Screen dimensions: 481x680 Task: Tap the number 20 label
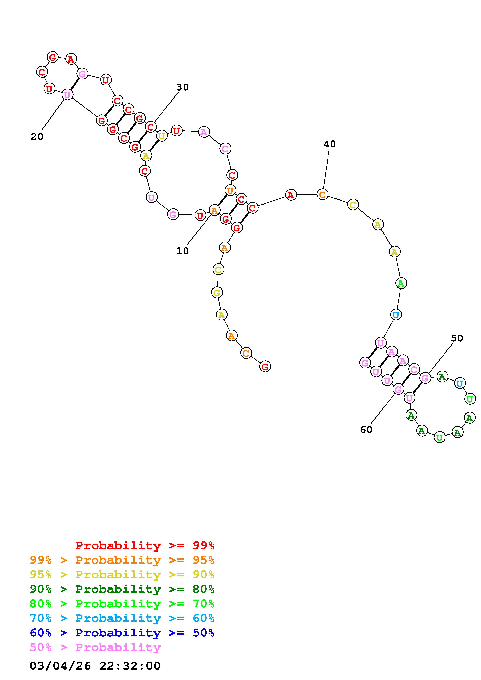pos(37,136)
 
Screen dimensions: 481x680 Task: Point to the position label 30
pos(183,87)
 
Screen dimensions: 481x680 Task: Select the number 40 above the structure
pos(329,144)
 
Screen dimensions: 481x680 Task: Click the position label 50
pos(457,338)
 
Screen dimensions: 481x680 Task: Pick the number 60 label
pos(366,430)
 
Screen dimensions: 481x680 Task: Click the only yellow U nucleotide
pos(161,136)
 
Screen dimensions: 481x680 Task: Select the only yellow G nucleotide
pos(217,293)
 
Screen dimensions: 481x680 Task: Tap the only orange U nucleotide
pos(230,190)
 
